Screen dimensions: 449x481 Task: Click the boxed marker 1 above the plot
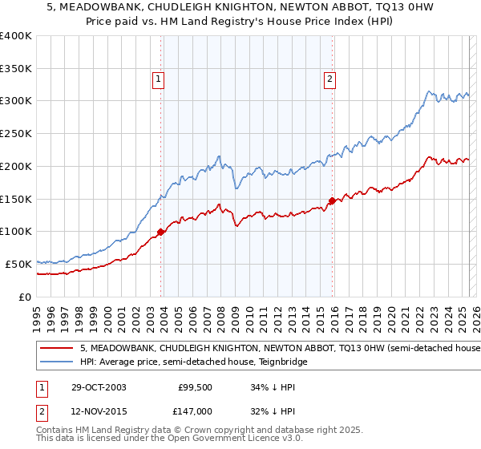(x=159, y=79)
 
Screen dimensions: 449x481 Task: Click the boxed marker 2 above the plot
(x=329, y=79)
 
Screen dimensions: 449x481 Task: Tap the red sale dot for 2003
(x=160, y=232)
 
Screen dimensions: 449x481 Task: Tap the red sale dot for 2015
(x=332, y=200)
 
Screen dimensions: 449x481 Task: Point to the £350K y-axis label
(x=16, y=69)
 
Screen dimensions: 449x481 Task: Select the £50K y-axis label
(x=18, y=264)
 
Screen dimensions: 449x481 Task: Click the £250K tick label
(x=16, y=134)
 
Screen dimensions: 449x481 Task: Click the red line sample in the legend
(x=57, y=349)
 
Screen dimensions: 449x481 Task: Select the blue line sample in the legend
(x=57, y=362)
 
